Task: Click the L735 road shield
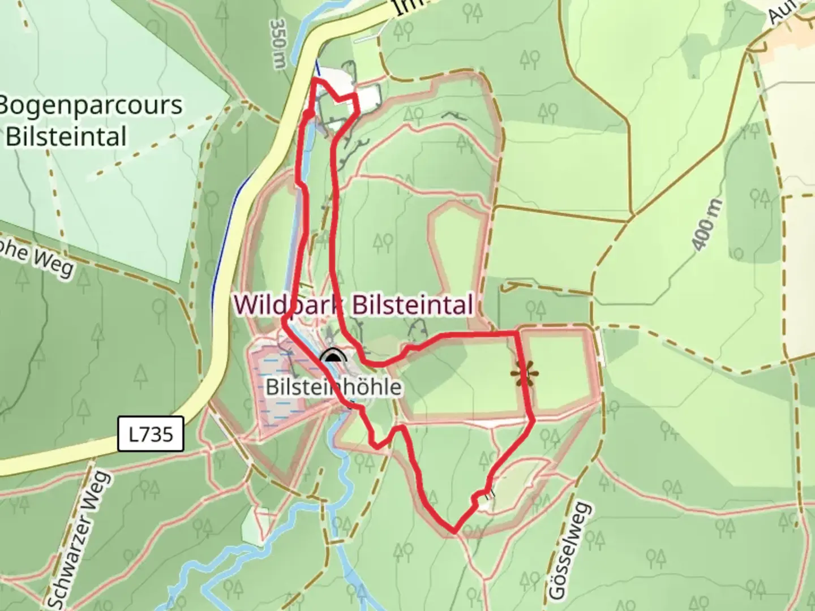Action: click(151, 434)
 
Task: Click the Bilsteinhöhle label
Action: click(333, 387)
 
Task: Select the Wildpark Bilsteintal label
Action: click(354, 305)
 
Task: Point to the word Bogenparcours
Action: click(91, 106)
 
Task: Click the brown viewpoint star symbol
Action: click(524, 374)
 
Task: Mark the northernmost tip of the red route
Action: click(314, 80)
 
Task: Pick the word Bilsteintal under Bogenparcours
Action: click(66, 137)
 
